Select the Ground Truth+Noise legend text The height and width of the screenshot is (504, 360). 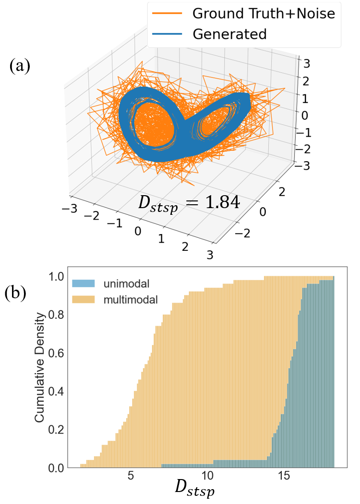(263, 13)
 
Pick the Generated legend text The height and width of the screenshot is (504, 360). (229, 35)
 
